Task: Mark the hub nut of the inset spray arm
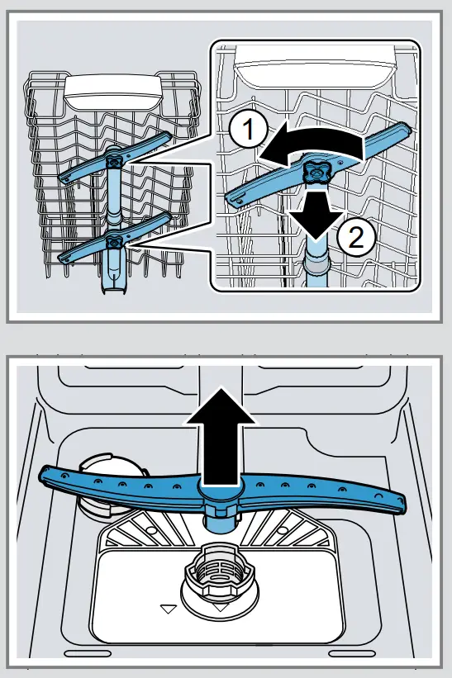click(x=314, y=171)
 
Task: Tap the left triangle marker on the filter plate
click(x=169, y=609)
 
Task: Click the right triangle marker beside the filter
click(x=220, y=608)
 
